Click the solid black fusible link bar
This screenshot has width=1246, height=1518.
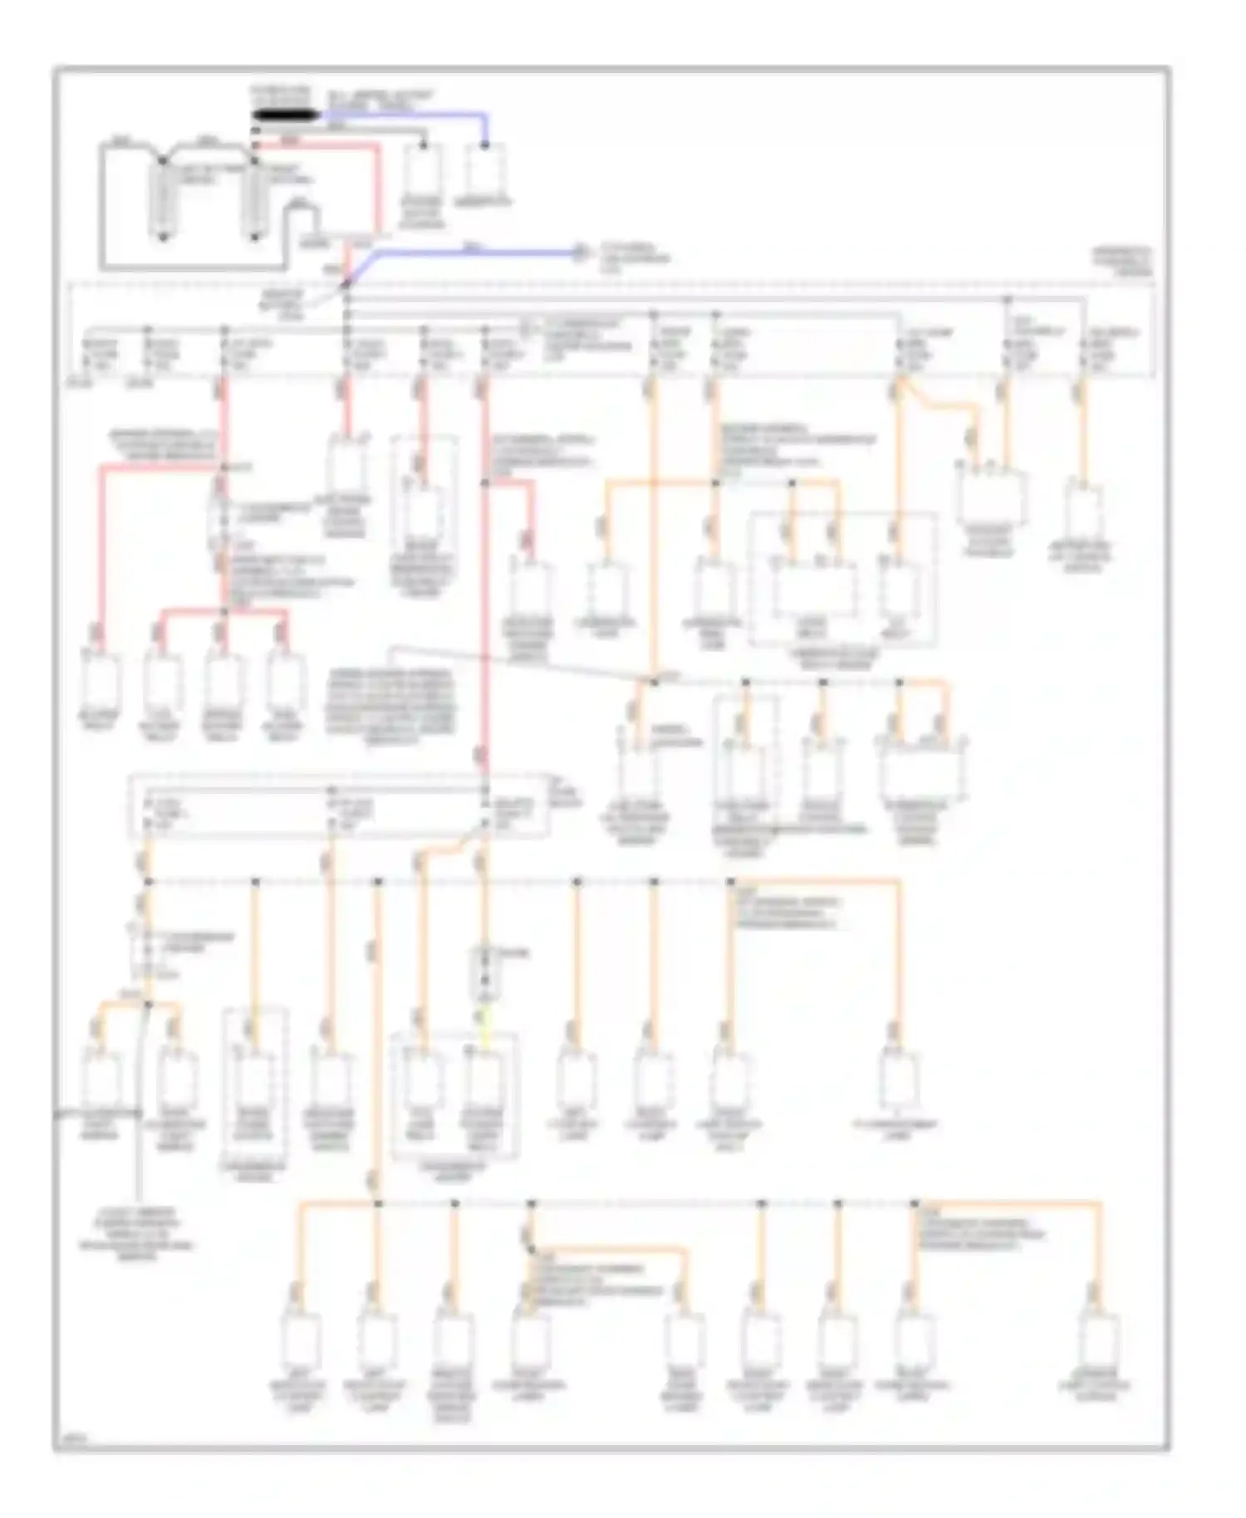tap(283, 115)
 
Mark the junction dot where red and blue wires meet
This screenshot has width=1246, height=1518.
tap(346, 286)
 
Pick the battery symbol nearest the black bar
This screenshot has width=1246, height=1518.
tap(255, 199)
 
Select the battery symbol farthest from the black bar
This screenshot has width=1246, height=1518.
tap(164, 199)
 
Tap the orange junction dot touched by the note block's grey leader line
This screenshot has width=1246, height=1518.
tap(654, 682)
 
